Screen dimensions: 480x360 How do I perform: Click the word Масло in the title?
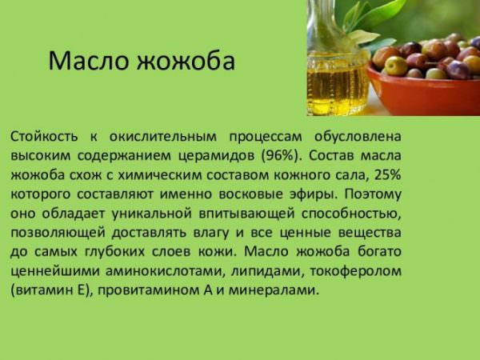click(89, 61)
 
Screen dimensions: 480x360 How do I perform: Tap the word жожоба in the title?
click(186, 61)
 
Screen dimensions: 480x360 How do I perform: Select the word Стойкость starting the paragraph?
click(44, 137)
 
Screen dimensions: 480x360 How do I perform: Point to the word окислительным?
click(163, 137)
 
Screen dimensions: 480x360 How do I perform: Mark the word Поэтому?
click(373, 194)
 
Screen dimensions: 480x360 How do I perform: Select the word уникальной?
click(151, 214)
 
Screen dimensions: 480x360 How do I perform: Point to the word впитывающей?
click(246, 214)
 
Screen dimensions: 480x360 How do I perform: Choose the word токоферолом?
click(355, 271)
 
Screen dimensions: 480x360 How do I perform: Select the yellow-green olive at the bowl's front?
click(396, 66)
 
